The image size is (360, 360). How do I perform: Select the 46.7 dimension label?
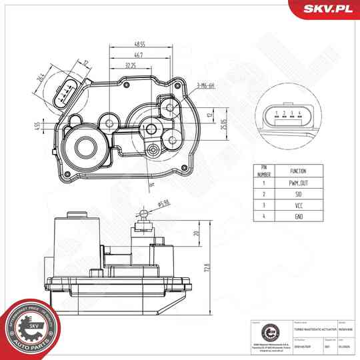[x=138, y=55]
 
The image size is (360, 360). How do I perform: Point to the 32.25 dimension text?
[x=131, y=67]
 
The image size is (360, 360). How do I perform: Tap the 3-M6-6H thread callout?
[x=207, y=85]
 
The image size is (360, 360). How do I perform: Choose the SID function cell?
[x=299, y=194]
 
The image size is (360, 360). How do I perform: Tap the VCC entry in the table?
[x=299, y=206]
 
